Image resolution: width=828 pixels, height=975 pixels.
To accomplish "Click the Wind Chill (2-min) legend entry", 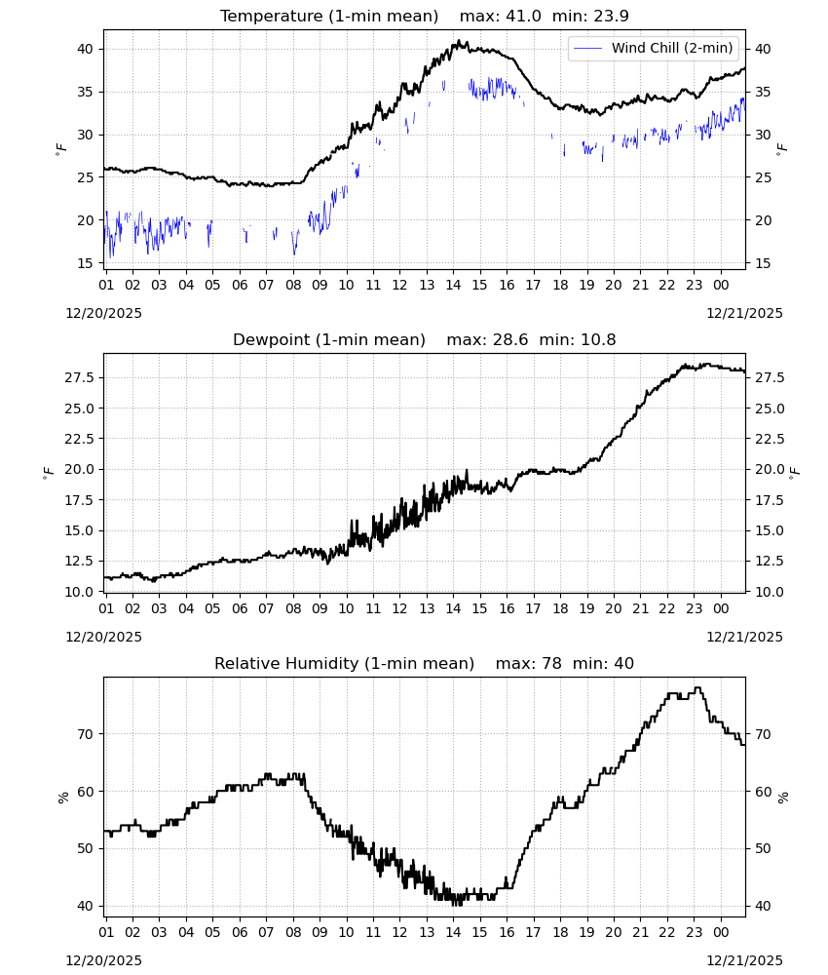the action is click(654, 48).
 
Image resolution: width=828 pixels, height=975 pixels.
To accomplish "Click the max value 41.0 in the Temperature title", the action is click(524, 17).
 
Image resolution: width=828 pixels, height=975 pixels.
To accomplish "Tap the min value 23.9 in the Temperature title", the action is click(612, 17).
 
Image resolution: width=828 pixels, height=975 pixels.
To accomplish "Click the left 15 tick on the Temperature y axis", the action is click(85, 263).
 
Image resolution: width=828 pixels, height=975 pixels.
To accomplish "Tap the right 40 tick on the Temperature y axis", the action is click(762, 49).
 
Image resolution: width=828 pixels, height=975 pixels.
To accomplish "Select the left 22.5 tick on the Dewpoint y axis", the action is click(80, 439).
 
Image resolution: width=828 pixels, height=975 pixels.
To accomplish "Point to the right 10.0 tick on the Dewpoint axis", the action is click(770, 592).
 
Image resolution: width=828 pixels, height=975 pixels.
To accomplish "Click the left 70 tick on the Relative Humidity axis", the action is click(85, 734).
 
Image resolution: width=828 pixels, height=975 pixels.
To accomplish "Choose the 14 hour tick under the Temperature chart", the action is click(453, 285).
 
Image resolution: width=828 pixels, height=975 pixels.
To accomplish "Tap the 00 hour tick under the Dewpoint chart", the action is click(721, 608).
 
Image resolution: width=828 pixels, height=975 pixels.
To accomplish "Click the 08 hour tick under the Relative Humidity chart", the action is click(292, 932).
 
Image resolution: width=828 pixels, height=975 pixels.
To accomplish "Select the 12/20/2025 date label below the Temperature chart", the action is click(103, 313).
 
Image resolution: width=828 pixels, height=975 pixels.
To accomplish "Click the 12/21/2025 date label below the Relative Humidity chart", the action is click(744, 960).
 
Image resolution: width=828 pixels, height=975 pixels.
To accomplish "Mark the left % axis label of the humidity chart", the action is click(62, 798).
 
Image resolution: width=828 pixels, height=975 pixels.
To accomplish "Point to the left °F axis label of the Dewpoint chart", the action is click(49, 473).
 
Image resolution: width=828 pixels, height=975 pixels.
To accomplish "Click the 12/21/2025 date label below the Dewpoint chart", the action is click(744, 637).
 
